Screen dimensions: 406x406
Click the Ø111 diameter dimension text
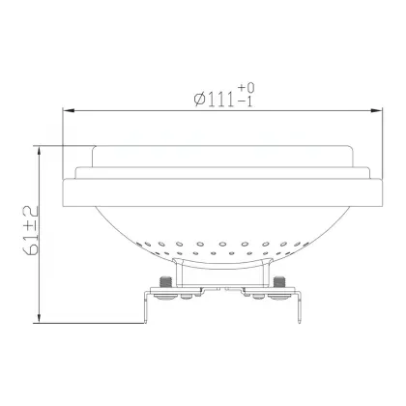215,99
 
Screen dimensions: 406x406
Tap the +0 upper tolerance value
246,88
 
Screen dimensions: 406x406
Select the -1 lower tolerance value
245,101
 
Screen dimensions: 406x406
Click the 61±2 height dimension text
31,230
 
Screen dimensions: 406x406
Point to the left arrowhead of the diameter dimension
69,110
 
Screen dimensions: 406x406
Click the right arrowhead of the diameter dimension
376,110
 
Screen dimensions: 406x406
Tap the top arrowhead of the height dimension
39,153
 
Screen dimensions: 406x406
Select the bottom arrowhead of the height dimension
39,316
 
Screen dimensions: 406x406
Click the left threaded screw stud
166,282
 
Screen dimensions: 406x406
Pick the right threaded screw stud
278,282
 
